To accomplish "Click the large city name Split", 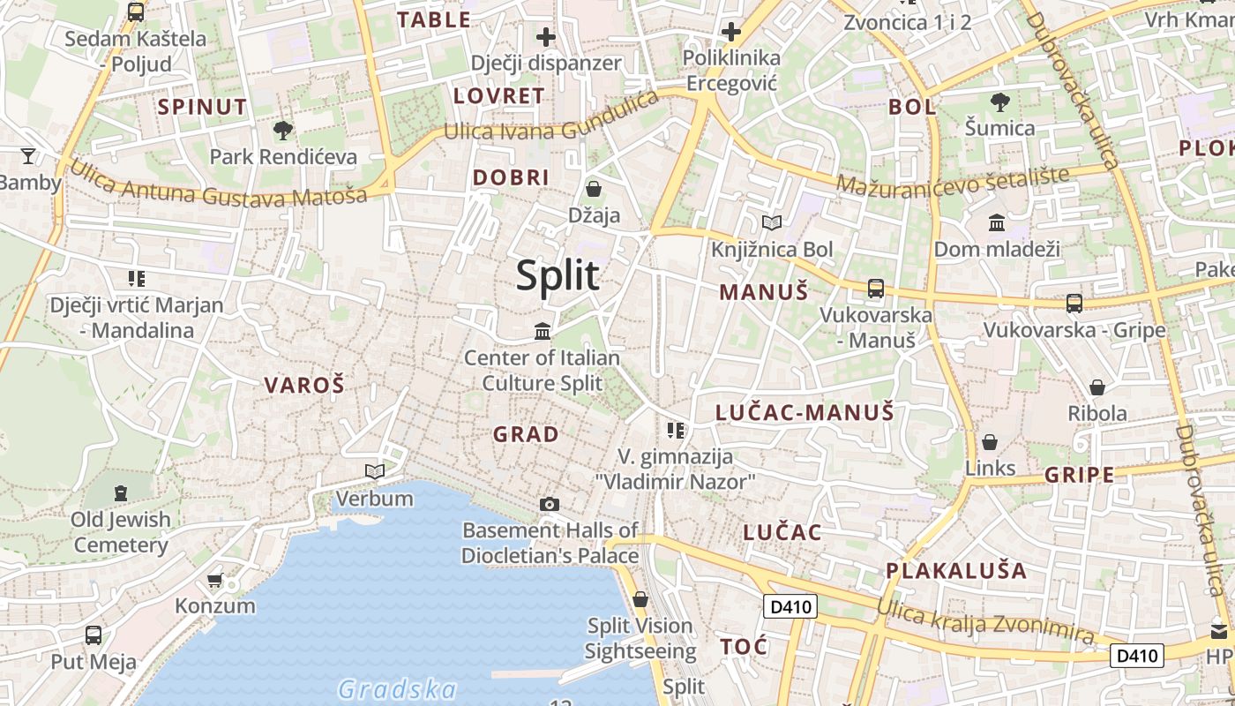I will (558, 276).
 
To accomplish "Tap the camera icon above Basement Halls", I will (550, 504).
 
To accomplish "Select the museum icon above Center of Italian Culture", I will (543, 331).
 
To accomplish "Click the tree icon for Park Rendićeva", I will (283, 131).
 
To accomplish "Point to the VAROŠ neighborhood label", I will (304, 385).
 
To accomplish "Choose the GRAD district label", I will (526, 434).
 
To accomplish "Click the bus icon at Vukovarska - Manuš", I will (875, 288).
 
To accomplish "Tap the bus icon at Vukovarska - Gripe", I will (1074, 303).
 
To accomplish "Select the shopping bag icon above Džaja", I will (594, 188).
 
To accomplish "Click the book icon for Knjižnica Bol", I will (772, 222).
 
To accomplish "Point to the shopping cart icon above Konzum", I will (214, 580).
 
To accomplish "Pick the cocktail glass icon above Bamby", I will (28, 156).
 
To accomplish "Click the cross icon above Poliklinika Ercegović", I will (730, 33).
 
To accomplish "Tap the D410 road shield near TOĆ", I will (790, 606).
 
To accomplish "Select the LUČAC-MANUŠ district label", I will (805, 412).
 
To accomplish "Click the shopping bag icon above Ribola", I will (1097, 387).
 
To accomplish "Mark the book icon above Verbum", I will (375, 472).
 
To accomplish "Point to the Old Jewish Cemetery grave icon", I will (120, 492).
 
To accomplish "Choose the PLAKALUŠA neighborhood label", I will (956, 570).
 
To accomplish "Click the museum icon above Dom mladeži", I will (997, 222).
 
